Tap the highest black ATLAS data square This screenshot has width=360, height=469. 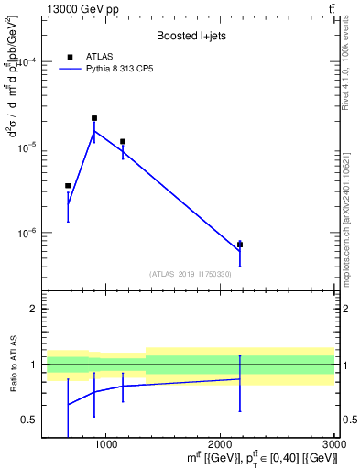94,118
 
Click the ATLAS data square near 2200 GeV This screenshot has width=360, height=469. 240,245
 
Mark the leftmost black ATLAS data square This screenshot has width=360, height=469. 68,186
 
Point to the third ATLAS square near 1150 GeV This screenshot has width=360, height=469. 123,142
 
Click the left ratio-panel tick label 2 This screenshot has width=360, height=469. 33,309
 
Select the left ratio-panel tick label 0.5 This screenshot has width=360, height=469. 28,420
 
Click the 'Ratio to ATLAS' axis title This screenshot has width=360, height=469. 14,365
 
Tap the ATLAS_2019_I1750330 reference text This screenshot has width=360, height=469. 191,274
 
